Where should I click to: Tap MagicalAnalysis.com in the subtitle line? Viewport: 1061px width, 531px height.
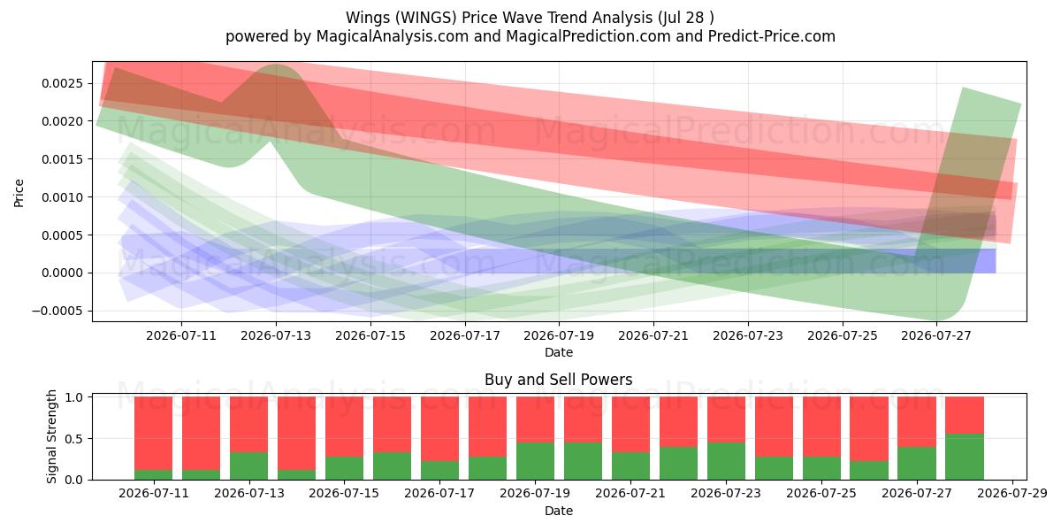(x=393, y=36)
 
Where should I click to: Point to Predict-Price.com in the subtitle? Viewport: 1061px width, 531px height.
(x=772, y=36)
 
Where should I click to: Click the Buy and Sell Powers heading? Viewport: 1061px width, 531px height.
(x=559, y=380)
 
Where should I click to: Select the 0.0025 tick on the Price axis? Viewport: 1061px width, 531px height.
(x=62, y=83)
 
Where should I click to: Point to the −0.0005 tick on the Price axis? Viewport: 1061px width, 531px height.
(x=57, y=311)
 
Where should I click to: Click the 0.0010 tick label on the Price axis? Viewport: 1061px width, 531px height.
(x=62, y=197)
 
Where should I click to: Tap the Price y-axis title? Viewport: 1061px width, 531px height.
(x=19, y=193)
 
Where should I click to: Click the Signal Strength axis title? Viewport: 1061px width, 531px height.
(x=51, y=436)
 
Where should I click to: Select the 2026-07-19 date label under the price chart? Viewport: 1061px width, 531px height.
(x=559, y=335)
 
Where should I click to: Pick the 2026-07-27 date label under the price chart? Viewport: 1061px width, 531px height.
(x=936, y=335)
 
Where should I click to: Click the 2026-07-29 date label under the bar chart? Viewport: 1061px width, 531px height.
(x=1012, y=494)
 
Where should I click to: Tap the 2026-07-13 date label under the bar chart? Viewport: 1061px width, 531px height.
(x=249, y=494)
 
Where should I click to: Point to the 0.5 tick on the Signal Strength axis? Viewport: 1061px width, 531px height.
(x=75, y=439)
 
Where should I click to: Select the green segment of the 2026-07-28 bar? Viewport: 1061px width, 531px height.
(x=965, y=457)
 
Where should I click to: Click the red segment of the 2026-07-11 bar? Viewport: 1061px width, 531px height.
(x=154, y=434)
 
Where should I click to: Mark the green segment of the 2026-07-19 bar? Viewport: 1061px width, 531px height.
(x=535, y=461)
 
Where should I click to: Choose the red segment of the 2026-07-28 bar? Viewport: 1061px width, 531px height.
(x=965, y=415)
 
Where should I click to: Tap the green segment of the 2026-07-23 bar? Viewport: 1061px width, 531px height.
(x=726, y=461)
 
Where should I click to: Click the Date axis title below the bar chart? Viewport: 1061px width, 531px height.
(x=559, y=512)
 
